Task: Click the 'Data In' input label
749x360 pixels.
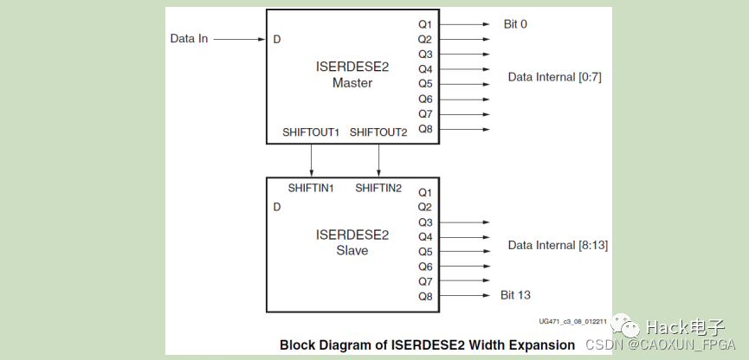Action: [x=189, y=39]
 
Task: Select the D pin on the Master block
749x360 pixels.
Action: [x=277, y=39]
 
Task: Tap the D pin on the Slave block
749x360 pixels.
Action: [x=277, y=207]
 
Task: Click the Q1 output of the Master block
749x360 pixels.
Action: [x=424, y=24]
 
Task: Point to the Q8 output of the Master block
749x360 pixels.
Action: [x=424, y=129]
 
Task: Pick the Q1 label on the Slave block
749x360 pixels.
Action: [x=424, y=192]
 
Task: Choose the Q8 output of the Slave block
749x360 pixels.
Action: [x=424, y=296]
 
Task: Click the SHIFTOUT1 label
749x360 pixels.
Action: [x=311, y=132]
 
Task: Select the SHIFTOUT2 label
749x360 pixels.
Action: [x=378, y=132]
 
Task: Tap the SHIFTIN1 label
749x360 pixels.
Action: [x=311, y=189]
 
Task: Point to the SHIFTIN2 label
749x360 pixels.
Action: [x=378, y=189]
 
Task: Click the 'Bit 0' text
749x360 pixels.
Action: [x=515, y=24]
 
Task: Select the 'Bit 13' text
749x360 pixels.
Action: [x=515, y=296]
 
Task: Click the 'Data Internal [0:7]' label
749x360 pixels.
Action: [x=554, y=77]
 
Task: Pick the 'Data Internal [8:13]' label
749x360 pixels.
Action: [x=558, y=245]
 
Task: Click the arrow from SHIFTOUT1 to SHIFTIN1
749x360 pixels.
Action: [x=311, y=160]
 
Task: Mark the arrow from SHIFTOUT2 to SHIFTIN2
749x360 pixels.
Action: [x=378, y=160]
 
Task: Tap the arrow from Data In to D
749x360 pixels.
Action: [x=239, y=39]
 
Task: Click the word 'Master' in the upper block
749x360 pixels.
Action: [x=352, y=83]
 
